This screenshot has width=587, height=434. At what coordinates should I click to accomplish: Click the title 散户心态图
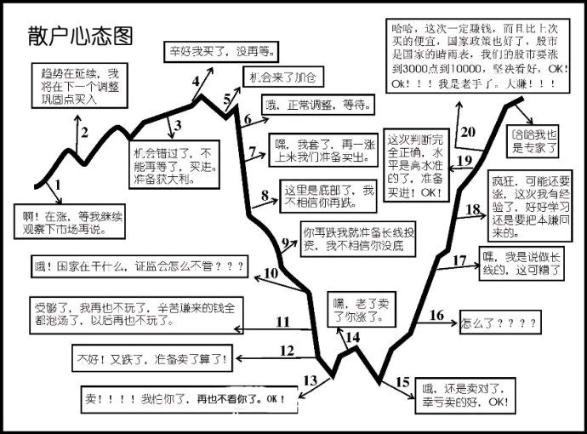(81, 36)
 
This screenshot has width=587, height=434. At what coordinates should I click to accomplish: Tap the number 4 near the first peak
(197, 83)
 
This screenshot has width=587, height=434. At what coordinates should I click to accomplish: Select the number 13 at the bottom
(311, 380)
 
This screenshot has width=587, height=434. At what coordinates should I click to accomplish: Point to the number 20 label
(466, 132)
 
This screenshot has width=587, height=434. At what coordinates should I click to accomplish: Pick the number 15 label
(403, 382)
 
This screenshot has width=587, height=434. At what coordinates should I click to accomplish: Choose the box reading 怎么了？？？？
(499, 323)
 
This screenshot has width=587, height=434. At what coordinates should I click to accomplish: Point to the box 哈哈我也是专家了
(533, 141)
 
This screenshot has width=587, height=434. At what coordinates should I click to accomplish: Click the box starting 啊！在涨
(68, 222)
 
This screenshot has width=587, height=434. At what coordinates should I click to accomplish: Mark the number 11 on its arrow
(282, 322)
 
